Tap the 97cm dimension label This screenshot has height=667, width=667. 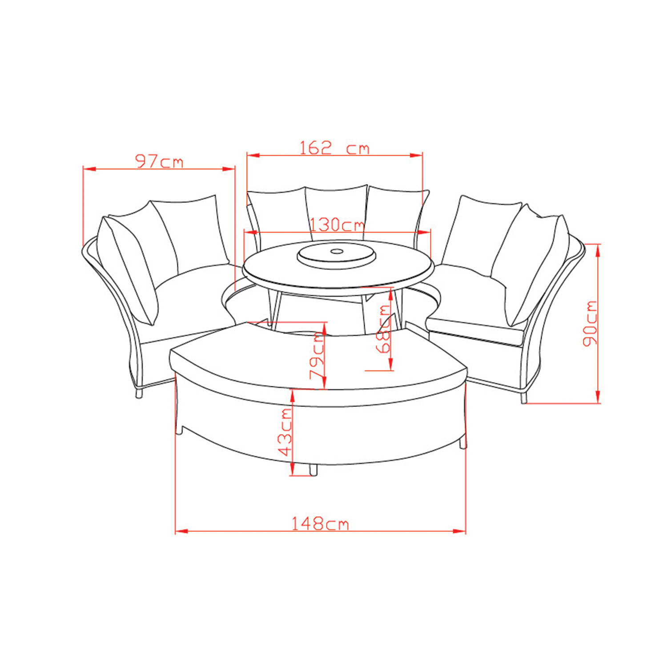(x=159, y=161)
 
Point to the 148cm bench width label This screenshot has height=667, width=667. (x=320, y=524)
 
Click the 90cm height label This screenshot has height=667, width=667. (x=590, y=323)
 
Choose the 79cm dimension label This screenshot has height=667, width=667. (x=317, y=355)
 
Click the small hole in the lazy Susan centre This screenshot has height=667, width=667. (x=337, y=252)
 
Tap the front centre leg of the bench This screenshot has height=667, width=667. (x=313, y=470)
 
